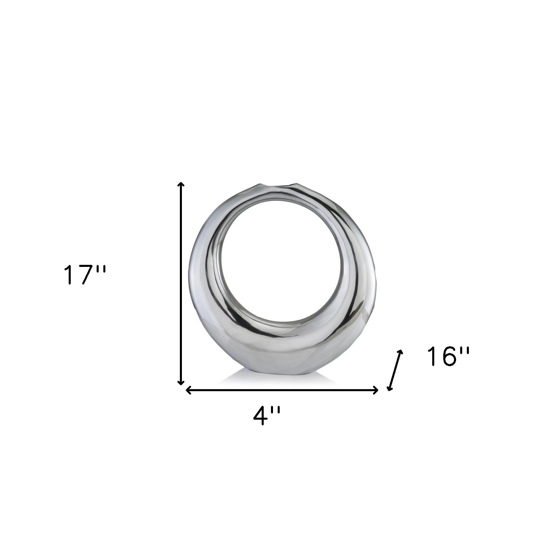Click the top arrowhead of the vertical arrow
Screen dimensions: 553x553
[181, 184]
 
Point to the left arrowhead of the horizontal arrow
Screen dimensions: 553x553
[188, 390]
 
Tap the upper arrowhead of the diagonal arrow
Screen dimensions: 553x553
[402, 352]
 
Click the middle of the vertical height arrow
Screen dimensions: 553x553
[181, 284]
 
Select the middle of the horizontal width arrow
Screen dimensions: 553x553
[282, 390]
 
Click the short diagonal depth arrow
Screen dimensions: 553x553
[396, 370]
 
